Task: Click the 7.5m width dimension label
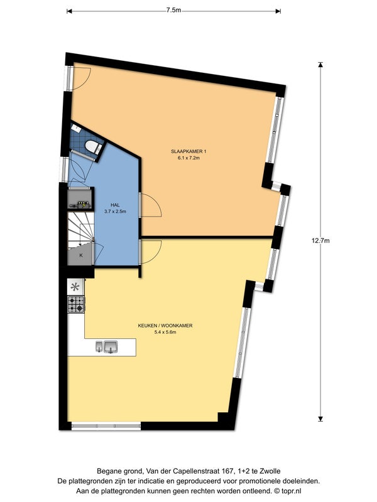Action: pyautogui.click(x=173, y=10)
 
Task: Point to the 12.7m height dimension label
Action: pyautogui.click(x=320, y=241)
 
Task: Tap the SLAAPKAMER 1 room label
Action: pyautogui.click(x=188, y=151)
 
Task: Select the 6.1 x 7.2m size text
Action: pyautogui.click(x=188, y=158)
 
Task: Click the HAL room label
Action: pyautogui.click(x=115, y=205)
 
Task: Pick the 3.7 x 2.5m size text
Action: pyautogui.click(x=115, y=211)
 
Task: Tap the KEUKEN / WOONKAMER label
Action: pyautogui.click(x=165, y=326)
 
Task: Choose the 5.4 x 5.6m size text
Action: pyautogui.click(x=165, y=332)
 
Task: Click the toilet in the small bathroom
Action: pyautogui.click(x=94, y=147)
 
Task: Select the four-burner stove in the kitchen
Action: pyautogui.click(x=76, y=304)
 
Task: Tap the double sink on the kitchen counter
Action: pyautogui.click(x=107, y=347)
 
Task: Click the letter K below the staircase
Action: pyautogui.click(x=81, y=255)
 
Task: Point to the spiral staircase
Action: pyautogui.click(x=80, y=230)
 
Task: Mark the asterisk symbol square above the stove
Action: pyautogui.click(x=75, y=287)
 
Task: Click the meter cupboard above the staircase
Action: pyautogui.click(x=80, y=199)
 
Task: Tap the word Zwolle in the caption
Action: pyautogui.click(x=271, y=471)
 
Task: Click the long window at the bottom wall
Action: pyautogui.click(x=106, y=426)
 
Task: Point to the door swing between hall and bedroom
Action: pyautogui.click(x=151, y=205)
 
